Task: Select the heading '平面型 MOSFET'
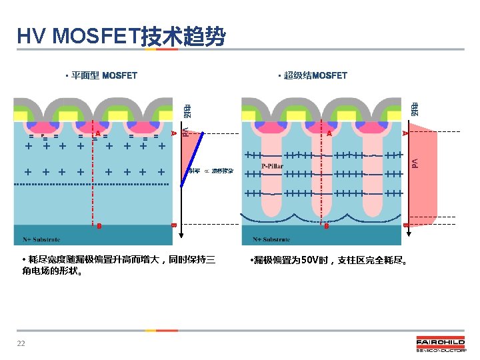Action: point(104,75)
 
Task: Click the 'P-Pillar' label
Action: point(272,166)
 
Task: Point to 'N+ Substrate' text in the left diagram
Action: point(41,239)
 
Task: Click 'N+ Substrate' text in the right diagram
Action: point(271,239)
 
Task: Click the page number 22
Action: point(21,343)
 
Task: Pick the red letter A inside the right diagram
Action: point(329,134)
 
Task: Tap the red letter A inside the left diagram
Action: point(98,133)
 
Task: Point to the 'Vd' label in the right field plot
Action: point(414,162)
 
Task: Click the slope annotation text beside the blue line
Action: point(211,171)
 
